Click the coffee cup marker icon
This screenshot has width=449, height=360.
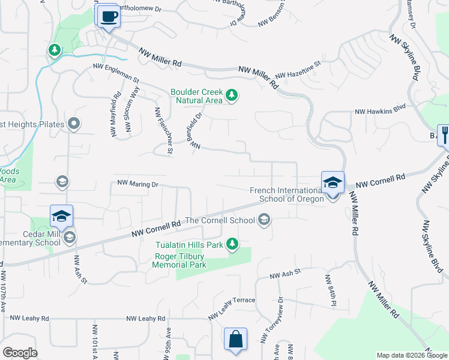coord(109,16)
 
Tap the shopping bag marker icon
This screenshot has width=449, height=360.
coord(236,339)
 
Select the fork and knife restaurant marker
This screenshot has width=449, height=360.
coord(444,134)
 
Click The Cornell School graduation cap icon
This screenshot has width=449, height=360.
coord(264,221)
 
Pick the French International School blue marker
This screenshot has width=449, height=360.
coord(332,183)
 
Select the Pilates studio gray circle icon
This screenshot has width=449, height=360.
coord(74,124)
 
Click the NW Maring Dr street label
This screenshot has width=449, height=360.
coord(137,184)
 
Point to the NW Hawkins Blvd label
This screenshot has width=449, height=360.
coord(381,111)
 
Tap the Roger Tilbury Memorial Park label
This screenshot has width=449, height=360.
coord(180,260)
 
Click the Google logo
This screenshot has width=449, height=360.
coord(20,353)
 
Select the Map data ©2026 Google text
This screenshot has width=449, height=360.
coord(411,355)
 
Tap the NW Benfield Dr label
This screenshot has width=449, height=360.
coord(194,133)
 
